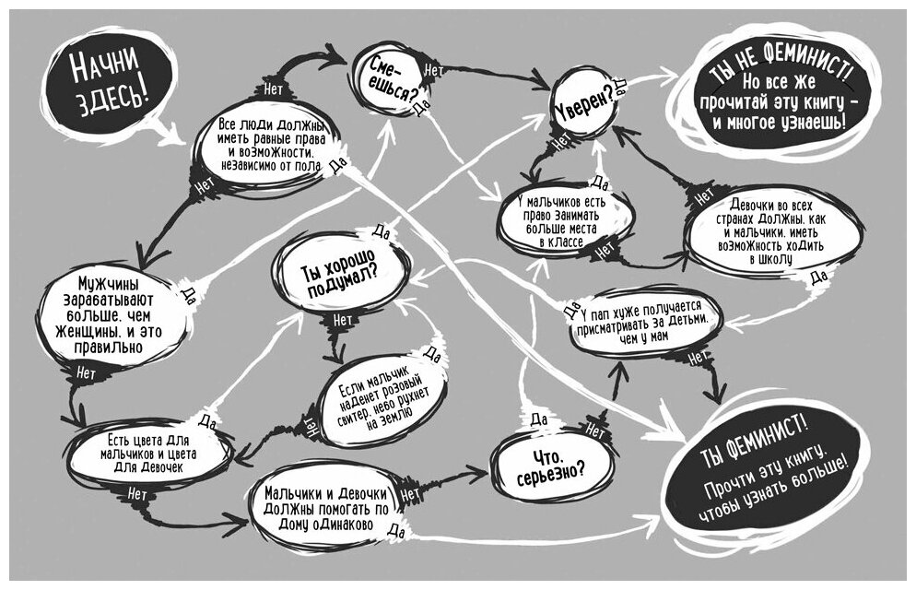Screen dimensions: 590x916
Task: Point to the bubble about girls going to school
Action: (x=771, y=231)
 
